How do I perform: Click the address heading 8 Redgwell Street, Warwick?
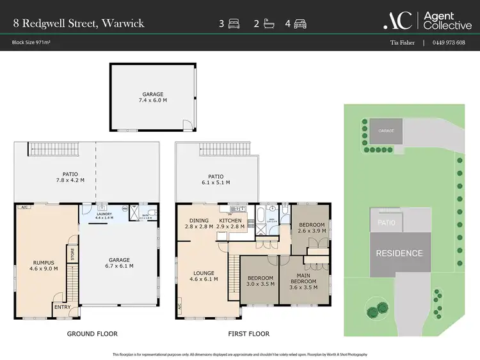78,24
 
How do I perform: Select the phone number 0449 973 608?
449,43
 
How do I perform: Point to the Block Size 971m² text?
33,43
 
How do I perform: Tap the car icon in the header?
300,24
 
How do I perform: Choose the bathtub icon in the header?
267,24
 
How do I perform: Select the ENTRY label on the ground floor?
63,308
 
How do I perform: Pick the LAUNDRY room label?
104,214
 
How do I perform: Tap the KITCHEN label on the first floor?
230,221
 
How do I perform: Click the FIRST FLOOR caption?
248,334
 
